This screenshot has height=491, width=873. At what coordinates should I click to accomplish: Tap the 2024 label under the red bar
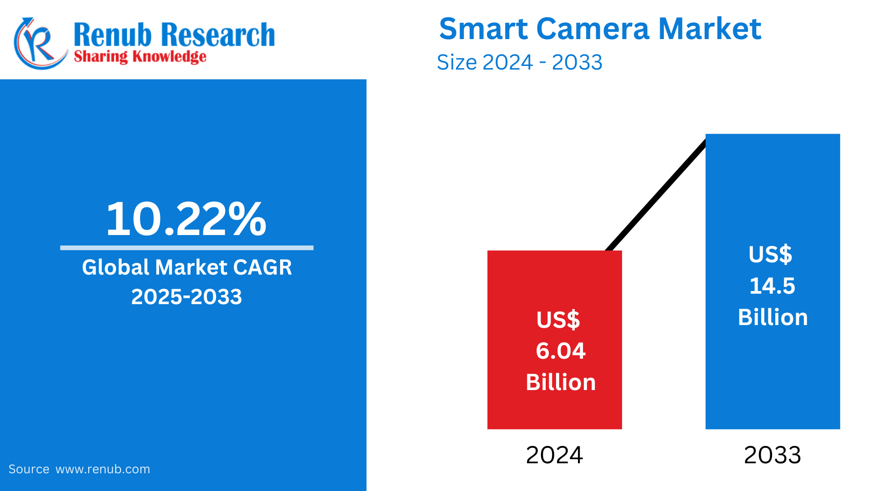click(554, 455)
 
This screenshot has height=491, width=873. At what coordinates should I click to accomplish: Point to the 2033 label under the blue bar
click(772, 455)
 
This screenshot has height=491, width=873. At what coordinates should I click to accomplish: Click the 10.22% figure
click(186, 219)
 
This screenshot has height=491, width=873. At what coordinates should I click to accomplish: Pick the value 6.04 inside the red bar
click(561, 351)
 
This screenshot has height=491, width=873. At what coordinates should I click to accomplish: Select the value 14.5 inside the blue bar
click(772, 286)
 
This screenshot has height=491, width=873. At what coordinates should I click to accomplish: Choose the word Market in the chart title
click(709, 29)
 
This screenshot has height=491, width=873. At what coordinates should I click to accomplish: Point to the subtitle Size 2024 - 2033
click(519, 62)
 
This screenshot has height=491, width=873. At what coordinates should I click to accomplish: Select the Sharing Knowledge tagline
click(140, 57)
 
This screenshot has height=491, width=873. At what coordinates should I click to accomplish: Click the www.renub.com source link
click(103, 469)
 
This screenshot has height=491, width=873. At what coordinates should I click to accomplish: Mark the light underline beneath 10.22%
click(186, 248)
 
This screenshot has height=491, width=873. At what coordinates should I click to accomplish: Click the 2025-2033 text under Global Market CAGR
click(186, 297)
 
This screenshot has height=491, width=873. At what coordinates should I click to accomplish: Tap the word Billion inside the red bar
click(561, 382)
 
